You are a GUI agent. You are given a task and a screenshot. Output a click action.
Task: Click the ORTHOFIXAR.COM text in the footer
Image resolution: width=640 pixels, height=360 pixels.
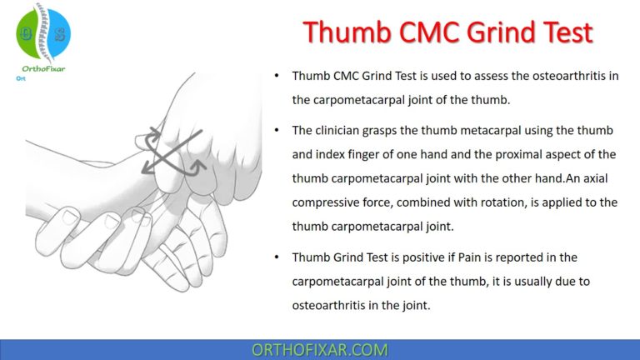click(319, 349)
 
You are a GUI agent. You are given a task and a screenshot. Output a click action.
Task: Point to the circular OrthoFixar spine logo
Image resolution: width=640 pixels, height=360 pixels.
click(44, 32)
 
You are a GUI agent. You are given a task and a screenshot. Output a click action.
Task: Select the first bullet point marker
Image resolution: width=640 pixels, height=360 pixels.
click(277, 76)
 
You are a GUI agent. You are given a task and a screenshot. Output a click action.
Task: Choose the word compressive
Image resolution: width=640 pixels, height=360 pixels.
click(327, 202)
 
